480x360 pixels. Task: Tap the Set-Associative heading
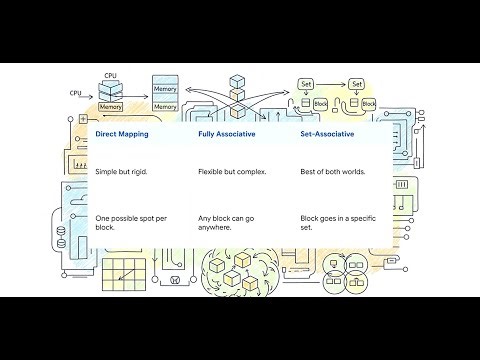point(329,134)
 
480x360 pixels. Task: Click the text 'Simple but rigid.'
point(121,172)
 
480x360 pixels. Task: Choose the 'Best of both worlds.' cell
point(332,172)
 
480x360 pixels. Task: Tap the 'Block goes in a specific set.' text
point(332,222)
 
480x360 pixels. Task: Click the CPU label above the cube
point(111,75)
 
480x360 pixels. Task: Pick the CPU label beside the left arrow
point(75,93)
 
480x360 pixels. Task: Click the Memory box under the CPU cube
point(111,106)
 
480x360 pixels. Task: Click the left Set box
point(308,84)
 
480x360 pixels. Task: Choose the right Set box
point(357,84)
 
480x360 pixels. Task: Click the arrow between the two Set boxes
point(333,84)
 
